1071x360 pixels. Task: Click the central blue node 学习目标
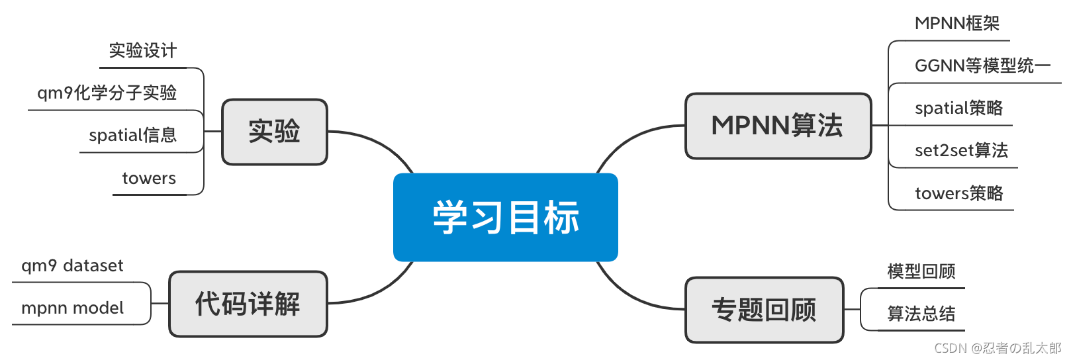[505, 217]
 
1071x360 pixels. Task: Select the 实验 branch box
[274, 132]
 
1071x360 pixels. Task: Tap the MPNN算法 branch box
[778, 126]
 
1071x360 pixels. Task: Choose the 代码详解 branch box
[248, 304]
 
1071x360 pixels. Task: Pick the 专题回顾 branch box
[764, 310]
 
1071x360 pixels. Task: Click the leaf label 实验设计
[142, 50]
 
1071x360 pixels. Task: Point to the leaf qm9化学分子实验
[107, 93]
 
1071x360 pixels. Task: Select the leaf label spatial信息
[132, 135]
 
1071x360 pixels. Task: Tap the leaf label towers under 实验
[149, 178]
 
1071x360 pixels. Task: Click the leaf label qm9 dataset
[72, 265]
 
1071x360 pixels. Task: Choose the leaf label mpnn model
[72, 308]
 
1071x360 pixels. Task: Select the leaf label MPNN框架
[956, 24]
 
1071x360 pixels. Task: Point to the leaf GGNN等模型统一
[982, 66]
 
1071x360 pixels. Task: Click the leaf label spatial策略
[958, 108]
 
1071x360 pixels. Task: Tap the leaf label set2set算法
[961, 150]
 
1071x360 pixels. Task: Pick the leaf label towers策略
[958, 193]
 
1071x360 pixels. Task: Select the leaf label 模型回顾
[921, 271]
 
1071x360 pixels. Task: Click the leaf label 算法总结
[921, 314]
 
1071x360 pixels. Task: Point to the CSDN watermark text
[997, 348]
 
